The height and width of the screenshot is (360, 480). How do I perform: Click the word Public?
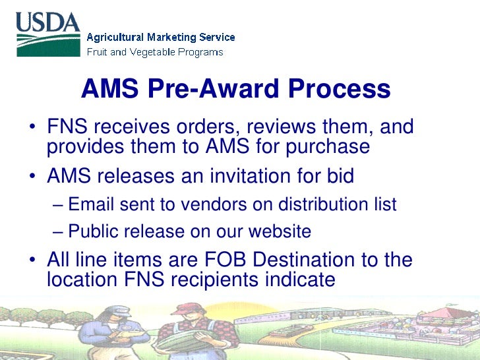(x=94, y=232)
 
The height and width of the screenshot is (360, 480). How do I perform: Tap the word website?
(x=280, y=232)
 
